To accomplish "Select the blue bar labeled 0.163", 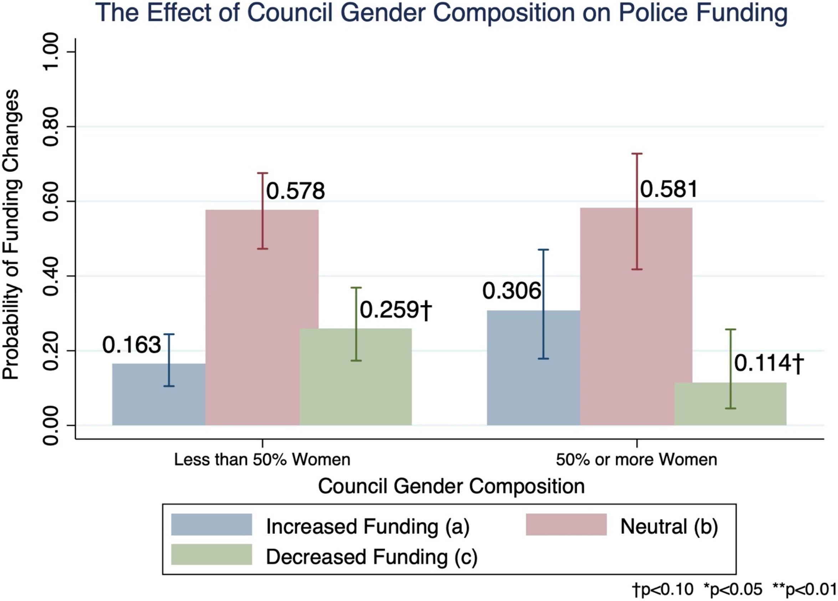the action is (159, 394).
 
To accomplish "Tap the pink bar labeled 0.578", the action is (262, 317).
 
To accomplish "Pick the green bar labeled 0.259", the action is (356, 377).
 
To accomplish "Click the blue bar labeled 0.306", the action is (533, 368).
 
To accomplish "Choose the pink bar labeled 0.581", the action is (636, 316).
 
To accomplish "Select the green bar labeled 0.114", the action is (730, 404).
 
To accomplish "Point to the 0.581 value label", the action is (669, 190).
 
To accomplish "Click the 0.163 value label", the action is (132, 345).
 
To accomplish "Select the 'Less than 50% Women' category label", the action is (262, 460).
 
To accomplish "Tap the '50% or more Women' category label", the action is (637, 460).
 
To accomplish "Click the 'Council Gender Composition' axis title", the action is (451, 487).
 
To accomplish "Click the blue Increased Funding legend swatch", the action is (211, 524).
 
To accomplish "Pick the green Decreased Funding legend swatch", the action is (211, 554).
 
